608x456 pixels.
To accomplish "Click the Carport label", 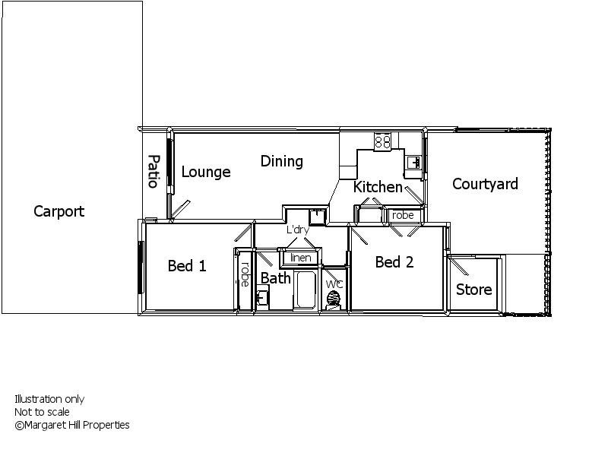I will [59, 212].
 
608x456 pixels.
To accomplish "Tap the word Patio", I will [153, 171].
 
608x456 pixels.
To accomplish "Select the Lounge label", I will [205, 173].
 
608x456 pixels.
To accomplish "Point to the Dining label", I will [281, 161].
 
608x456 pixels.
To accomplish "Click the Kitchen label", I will [378, 187].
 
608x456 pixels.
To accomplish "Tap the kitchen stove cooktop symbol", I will [382, 141].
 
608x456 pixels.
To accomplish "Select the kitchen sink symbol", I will [413, 162].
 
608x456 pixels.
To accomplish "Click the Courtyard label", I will [485, 184].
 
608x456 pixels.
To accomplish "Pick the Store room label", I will [473, 290].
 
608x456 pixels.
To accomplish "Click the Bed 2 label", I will [394, 262].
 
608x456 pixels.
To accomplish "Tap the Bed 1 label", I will [186, 266].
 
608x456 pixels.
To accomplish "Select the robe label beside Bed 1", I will [245, 274].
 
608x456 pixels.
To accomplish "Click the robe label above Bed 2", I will [403, 216].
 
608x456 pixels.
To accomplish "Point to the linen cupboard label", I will [301, 258].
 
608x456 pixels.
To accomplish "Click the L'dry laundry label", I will [297, 230].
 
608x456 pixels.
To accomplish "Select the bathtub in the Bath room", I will [306, 289].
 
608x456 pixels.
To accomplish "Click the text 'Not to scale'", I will [42, 412].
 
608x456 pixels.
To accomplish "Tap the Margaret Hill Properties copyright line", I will [72, 425].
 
